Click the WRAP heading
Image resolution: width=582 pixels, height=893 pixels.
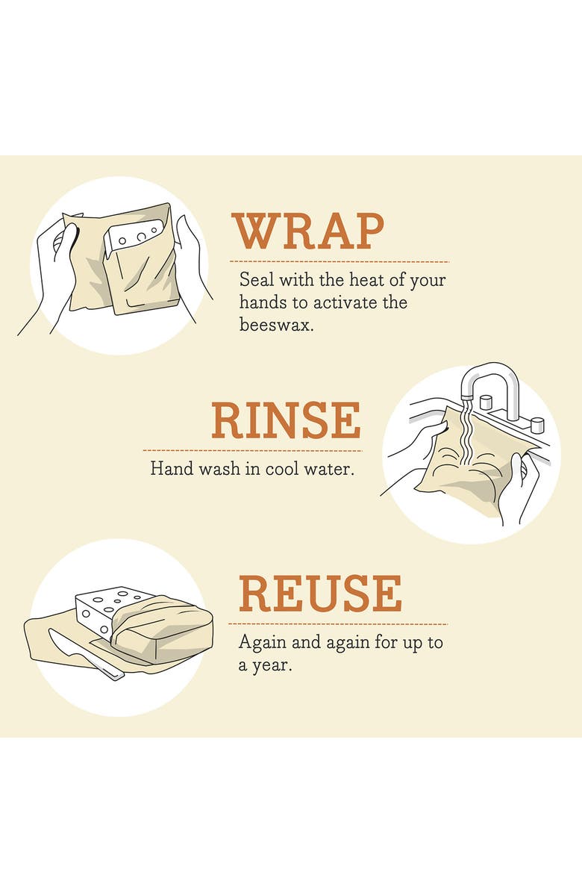(x=307, y=231)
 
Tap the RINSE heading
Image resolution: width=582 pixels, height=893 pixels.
(x=286, y=420)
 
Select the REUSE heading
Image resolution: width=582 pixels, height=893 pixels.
(x=320, y=594)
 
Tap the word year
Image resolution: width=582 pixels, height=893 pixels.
(x=272, y=665)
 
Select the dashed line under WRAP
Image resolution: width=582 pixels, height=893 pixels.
(x=339, y=262)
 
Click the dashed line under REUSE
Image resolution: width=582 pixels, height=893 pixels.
(x=338, y=623)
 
